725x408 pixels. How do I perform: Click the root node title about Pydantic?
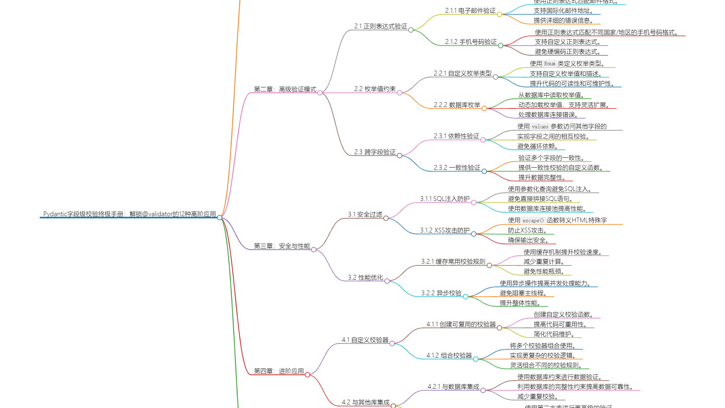(x=129, y=214)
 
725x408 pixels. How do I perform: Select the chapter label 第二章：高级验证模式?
(x=285, y=89)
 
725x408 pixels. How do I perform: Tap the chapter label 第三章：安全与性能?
(x=282, y=246)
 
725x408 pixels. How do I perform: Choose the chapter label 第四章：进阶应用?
(x=279, y=371)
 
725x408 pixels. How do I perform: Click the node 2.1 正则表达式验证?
(x=381, y=26)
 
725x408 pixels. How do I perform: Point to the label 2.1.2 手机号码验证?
(x=471, y=42)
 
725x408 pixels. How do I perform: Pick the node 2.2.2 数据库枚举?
(x=457, y=105)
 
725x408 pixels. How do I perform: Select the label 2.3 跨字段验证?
(x=375, y=152)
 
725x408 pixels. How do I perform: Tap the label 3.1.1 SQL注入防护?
(x=445, y=199)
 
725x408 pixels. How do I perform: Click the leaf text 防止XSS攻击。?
(x=527, y=230)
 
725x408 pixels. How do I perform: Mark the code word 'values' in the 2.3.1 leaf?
(x=540, y=127)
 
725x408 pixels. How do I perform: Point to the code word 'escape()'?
(x=533, y=221)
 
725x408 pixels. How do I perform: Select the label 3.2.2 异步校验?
(x=441, y=293)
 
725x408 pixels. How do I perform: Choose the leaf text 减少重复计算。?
(x=544, y=261)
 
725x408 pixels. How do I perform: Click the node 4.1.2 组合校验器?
(x=449, y=355)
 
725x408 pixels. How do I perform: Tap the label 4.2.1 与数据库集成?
(x=453, y=387)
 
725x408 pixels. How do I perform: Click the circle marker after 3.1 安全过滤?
(x=386, y=218)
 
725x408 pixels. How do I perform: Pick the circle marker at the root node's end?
(x=220, y=218)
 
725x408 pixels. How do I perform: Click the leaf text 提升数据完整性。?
(x=542, y=177)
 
